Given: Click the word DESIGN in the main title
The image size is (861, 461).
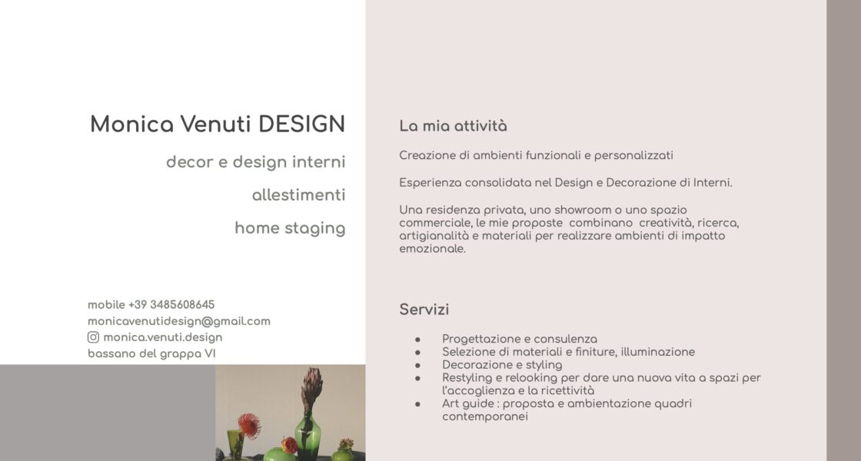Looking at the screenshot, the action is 301,124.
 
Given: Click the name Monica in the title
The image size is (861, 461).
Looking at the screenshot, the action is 131,124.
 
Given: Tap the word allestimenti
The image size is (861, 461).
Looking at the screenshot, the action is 299,195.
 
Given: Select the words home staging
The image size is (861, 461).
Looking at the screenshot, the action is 290,228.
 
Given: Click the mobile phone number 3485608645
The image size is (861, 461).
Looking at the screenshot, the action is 182,304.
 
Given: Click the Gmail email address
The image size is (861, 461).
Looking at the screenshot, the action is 179,321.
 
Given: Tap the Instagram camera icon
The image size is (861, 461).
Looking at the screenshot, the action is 93,337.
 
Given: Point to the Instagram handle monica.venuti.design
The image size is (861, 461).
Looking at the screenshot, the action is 162,337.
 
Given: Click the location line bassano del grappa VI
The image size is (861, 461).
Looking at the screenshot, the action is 151,353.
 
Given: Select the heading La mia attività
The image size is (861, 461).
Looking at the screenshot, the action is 453,126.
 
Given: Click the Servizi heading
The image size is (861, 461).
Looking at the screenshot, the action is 424,310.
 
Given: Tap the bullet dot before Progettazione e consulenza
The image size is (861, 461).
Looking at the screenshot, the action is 418,340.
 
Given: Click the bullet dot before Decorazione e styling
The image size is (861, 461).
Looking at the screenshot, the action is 418,366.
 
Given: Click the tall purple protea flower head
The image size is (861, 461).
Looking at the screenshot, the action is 311,386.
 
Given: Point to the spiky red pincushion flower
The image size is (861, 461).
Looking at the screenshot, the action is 249,426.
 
